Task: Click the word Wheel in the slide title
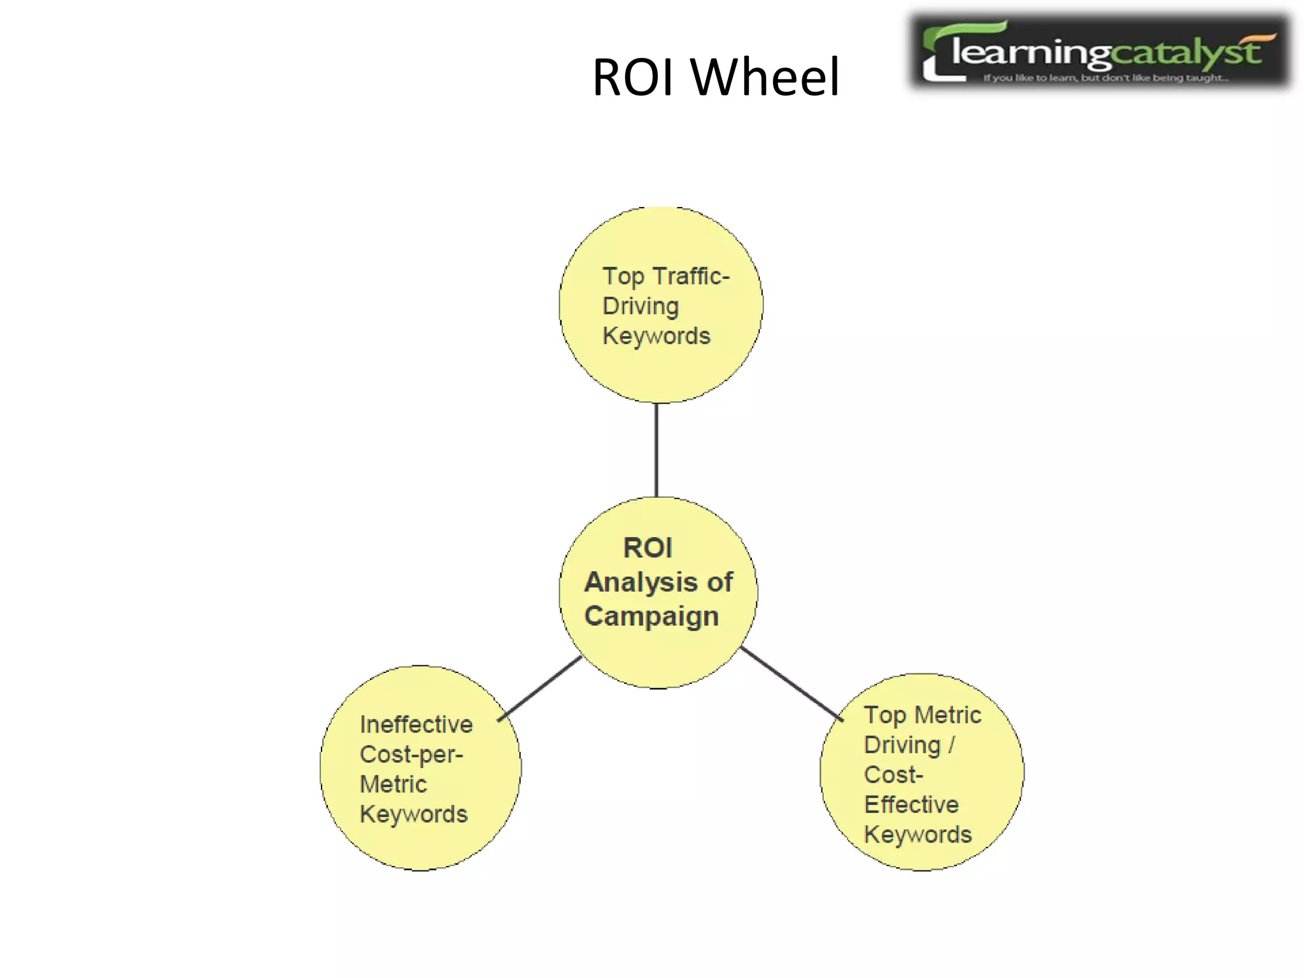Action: pos(765,77)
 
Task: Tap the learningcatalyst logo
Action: pos(1100,51)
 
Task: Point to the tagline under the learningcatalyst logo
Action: pos(1105,78)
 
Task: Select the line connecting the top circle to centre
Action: pos(656,450)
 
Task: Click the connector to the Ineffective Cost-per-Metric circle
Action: pos(540,688)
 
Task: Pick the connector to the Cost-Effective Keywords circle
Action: pos(791,684)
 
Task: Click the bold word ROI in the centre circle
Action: pos(648,548)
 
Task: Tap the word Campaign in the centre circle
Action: pos(651,616)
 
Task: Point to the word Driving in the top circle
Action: pos(641,306)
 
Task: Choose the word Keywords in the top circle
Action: pos(656,336)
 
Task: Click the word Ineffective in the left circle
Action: pos(416,725)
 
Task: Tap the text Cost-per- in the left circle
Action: pos(411,755)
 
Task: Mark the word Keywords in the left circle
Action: pos(413,814)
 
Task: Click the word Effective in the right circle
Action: pos(911,805)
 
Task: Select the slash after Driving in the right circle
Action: pos(951,745)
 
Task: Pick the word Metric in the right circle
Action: pos(947,715)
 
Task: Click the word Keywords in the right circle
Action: pos(918,835)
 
